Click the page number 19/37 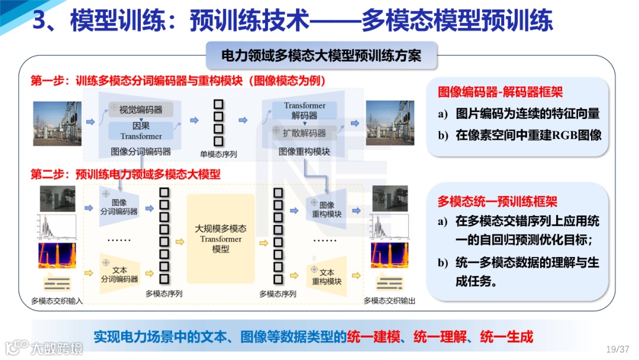coord(618,349)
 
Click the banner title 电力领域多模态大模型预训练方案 coord(321,56)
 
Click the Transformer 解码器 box coord(304,111)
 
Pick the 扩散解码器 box coord(304,133)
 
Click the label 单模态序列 coord(218,154)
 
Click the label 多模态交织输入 coord(57,301)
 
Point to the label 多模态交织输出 coord(389,301)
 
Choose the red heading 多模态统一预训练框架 coord(498,201)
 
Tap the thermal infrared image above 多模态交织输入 coord(57,256)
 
